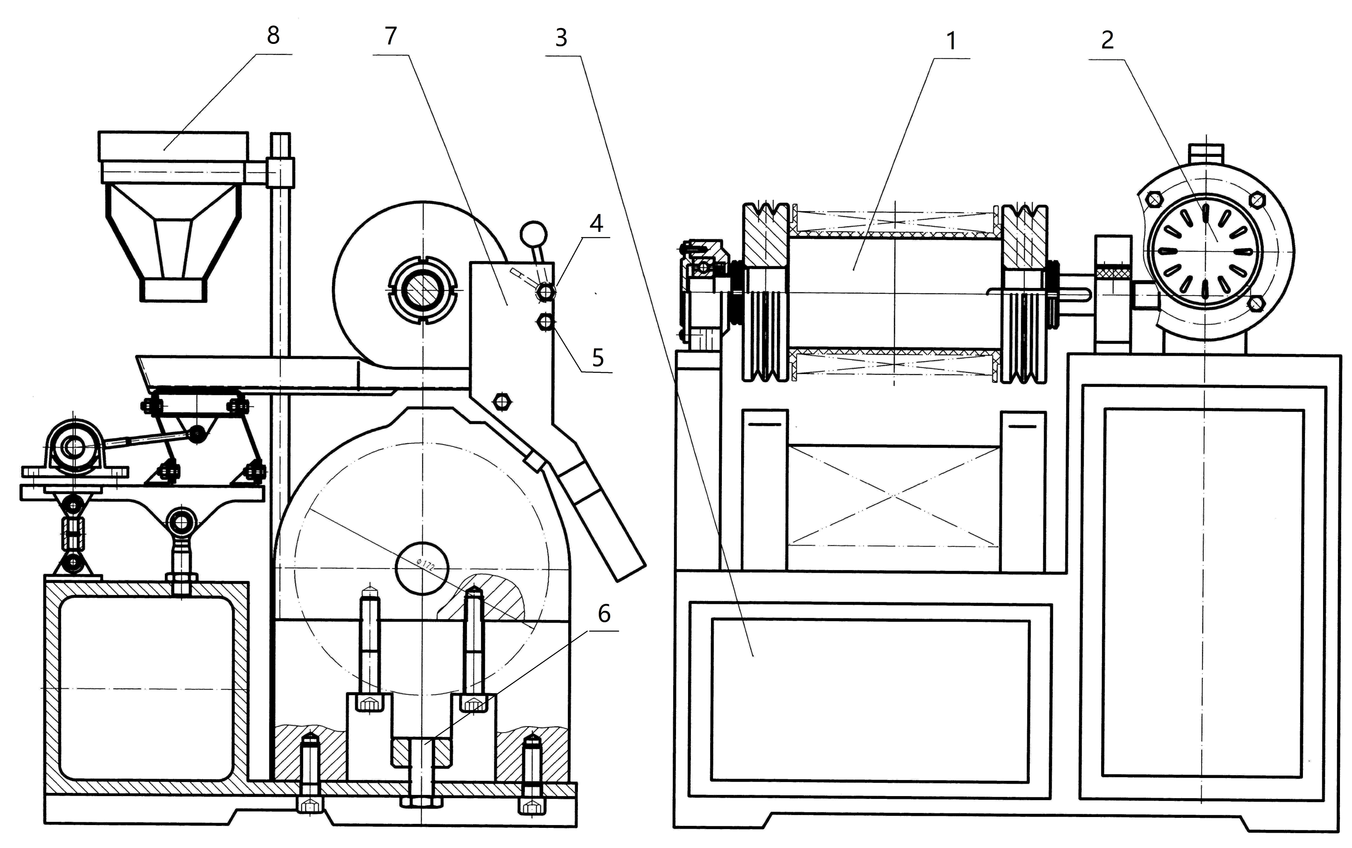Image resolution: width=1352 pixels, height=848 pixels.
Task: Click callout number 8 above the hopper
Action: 273,36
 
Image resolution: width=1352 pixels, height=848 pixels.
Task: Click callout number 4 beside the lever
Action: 596,224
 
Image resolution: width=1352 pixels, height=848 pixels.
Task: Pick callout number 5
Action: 598,358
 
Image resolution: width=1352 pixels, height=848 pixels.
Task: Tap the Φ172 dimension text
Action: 426,565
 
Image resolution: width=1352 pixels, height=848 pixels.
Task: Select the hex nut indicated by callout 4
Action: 545,291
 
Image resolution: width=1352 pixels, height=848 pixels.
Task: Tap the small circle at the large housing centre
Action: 423,568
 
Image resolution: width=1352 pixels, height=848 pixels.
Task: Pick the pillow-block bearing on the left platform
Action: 74,447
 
